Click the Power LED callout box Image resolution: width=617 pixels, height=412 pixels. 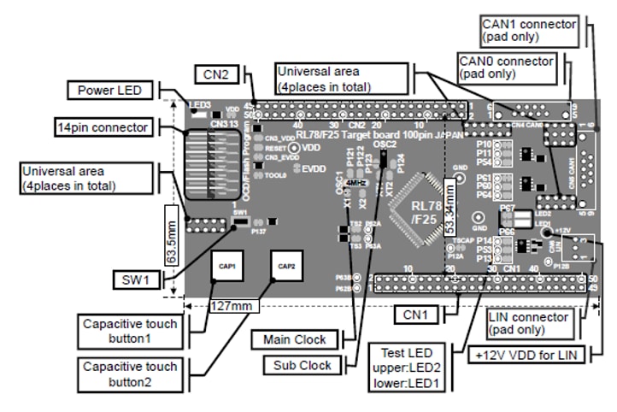point(109,90)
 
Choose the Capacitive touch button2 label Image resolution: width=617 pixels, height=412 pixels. point(130,374)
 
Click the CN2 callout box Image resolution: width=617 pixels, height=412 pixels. point(212,74)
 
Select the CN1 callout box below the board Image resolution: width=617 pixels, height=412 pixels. point(417,315)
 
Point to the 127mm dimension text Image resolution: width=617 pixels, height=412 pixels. point(231,305)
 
